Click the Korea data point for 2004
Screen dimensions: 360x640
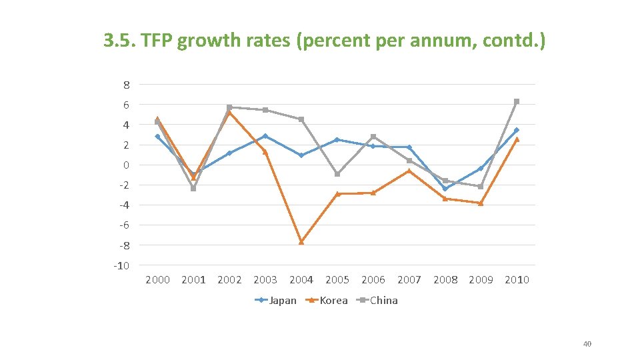pos(301,242)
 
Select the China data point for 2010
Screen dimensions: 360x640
pos(517,101)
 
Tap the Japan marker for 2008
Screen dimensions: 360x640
pos(445,189)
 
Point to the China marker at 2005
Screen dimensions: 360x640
pos(337,174)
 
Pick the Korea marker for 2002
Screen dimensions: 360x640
pos(229,113)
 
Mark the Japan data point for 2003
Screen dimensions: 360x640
pos(265,136)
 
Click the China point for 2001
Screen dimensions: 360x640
pos(193,189)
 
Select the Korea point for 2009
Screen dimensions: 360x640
pos(481,203)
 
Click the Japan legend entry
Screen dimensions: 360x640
pos(276,300)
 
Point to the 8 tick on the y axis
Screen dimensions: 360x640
pos(126,85)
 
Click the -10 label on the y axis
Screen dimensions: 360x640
pos(121,265)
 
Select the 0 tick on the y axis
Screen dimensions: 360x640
pos(126,165)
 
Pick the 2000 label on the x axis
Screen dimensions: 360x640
pos(157,280)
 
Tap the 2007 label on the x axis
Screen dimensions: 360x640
pos(409,280)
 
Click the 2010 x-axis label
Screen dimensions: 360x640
pos(517,280)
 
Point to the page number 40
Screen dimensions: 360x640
pos(587,344)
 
